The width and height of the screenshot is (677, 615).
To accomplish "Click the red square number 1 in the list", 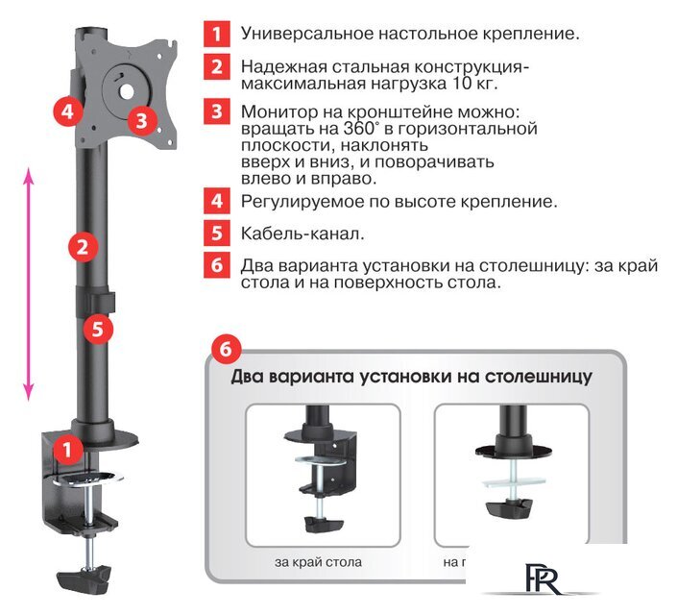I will point(217,33).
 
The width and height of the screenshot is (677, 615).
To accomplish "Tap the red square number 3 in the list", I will point(217,111).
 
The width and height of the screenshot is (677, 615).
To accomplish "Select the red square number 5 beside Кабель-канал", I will point(217,233).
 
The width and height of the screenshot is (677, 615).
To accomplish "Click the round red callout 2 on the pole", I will point(84,247).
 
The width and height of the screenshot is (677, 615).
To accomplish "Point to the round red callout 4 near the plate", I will point(65,111).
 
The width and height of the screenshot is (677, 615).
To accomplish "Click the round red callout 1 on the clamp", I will point(66,448).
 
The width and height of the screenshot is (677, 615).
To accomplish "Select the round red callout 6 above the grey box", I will point(225,347).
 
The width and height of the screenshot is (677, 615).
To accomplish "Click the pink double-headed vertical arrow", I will point(29,284).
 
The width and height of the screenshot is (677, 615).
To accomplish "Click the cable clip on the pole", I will point(96,299).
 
